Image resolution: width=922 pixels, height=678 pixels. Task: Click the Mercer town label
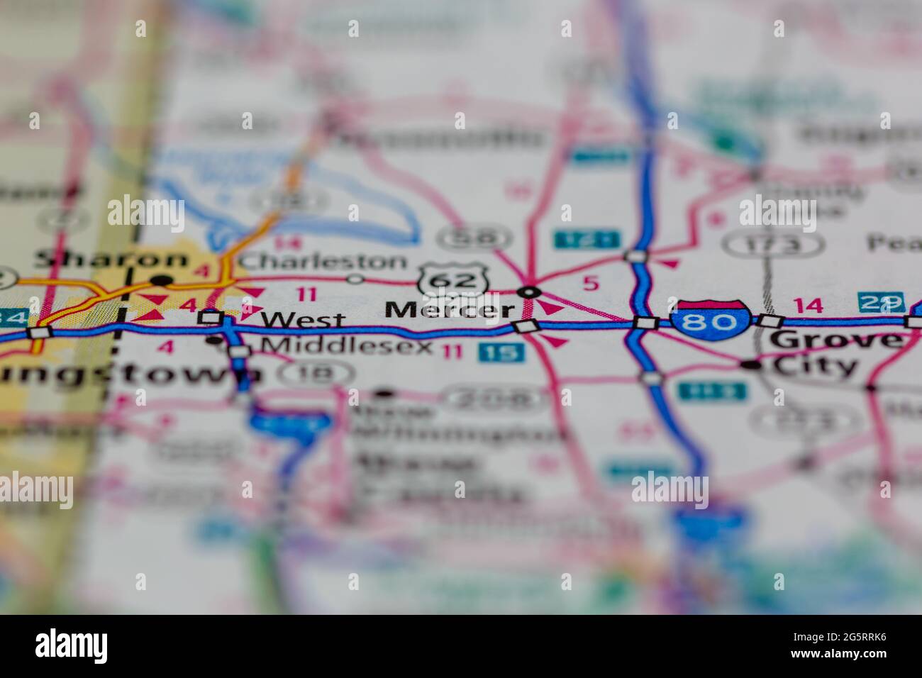[x=450, y=310]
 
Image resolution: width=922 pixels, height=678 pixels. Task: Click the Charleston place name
[x=323, y=261]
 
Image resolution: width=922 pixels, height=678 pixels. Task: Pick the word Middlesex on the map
[x=347, y=346]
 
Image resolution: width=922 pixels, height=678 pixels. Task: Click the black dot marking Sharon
[x=162, y=280]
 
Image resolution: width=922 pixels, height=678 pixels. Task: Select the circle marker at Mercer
[x=529, y=291]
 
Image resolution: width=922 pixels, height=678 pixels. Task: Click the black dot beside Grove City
[x=751, y=365]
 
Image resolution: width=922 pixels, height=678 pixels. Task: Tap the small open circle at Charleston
[x=355, y=279]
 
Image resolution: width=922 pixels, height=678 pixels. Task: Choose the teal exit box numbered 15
[x=501, y=352]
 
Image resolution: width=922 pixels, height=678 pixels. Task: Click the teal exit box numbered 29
[x=881, y=302]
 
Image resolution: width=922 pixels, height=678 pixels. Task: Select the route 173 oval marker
[x=772, y=245]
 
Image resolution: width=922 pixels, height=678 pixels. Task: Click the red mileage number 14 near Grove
[x=808, y=306]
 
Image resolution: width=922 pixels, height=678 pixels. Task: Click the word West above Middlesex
[x=302, y=320]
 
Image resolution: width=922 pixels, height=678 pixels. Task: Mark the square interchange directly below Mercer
[x=526, y=326]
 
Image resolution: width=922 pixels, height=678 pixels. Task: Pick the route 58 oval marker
[x=474, y=237]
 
